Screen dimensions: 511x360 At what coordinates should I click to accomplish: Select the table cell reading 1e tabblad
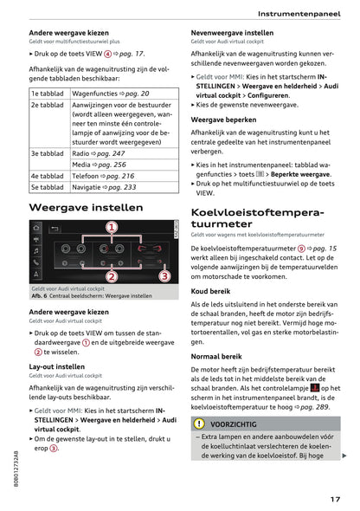click(48, 93)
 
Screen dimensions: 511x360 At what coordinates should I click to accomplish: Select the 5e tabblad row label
click(48, 186)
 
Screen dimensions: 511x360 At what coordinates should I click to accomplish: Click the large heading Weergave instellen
click(86, 208)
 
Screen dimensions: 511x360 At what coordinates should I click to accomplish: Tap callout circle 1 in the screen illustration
click(112, 228)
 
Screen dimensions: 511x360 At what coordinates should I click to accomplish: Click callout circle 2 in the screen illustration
click(112, 276)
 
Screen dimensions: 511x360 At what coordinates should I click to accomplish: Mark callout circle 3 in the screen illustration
click(164, 276)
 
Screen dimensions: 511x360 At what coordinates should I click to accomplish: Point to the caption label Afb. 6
click(40, 296)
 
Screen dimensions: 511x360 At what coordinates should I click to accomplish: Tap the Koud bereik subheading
click(210, 292)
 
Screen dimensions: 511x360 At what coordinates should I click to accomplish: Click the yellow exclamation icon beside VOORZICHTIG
click(200, 424)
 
